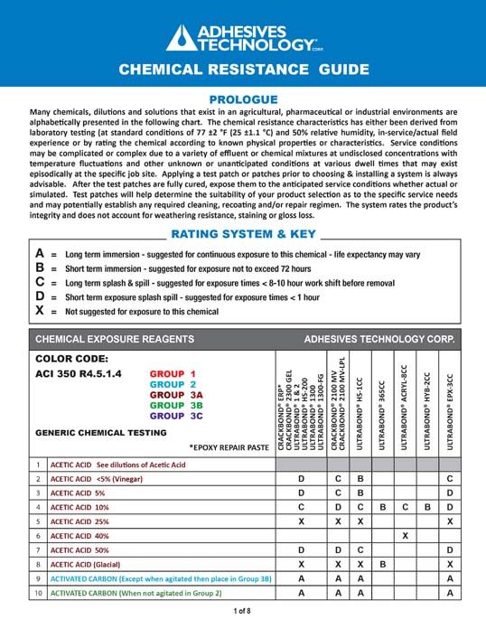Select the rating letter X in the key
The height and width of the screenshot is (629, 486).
point(39,312)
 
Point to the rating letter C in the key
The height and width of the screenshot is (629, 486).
point(39,284)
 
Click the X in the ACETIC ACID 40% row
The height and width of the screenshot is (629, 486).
point(406,534)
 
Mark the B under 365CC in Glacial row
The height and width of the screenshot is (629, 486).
point(382,563)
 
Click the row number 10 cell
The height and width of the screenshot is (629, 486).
point(38,592)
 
